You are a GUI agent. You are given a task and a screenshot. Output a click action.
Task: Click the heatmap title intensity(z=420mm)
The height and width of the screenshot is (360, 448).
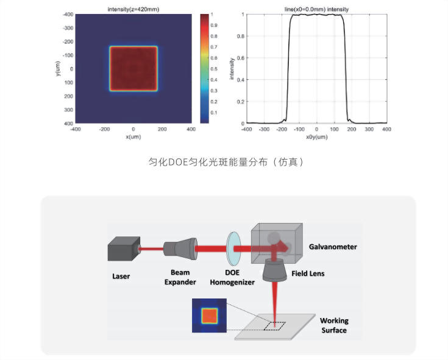pos(133,9)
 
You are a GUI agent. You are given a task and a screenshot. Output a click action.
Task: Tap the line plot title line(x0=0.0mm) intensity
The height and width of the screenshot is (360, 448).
pos(316,9)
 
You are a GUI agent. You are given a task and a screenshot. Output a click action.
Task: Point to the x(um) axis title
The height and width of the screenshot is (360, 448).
pos(133,136)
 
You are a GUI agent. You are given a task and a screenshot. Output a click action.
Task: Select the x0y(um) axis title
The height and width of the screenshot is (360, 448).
pos(316,136)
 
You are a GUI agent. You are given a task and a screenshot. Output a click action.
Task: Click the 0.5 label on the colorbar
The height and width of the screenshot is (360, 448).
pos(214,69)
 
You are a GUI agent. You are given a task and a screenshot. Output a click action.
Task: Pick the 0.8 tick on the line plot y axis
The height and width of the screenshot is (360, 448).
pos(241,37)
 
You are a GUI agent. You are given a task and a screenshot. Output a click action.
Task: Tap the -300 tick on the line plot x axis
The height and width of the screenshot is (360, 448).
pos(264,129)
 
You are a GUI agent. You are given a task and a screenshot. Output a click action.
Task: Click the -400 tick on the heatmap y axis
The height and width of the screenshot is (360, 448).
pos(68,14)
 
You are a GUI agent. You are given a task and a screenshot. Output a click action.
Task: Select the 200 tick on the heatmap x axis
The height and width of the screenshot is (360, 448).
pos(162,129)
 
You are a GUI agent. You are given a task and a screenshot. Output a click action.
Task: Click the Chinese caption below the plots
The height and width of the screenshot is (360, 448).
pos(226,162)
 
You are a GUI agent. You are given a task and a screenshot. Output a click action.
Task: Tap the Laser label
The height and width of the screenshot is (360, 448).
pos(121,277)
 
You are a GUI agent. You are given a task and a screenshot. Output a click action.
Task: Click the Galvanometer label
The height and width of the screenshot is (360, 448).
pos(333,247)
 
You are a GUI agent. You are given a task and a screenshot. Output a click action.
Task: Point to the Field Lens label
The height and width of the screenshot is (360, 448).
pos(308,274)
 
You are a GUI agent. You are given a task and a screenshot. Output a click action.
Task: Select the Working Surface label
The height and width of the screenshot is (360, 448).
pos(334,325)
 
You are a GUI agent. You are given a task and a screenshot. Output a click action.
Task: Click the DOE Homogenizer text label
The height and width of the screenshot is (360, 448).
pos(232,277)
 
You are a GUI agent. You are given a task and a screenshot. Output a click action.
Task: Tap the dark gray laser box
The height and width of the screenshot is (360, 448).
pos(124,249)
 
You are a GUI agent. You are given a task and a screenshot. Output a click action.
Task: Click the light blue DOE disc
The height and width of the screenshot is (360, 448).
pos(233,249)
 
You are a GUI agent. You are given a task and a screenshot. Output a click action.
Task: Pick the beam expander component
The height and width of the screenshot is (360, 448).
pos(180,249)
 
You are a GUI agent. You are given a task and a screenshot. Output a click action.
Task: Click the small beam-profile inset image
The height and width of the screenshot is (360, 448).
pos(209,316)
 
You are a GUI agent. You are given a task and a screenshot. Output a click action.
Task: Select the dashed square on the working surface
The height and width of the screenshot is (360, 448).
pos(274,326)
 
